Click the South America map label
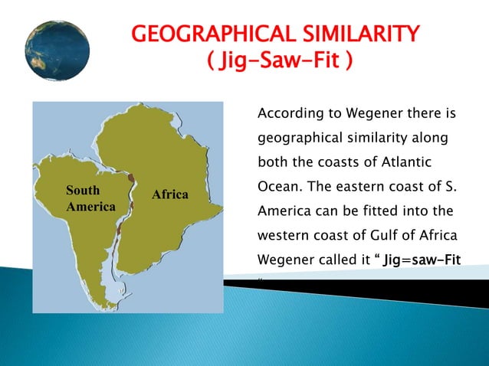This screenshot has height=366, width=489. click(90, 199)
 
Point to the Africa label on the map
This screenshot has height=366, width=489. click(170, 194)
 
